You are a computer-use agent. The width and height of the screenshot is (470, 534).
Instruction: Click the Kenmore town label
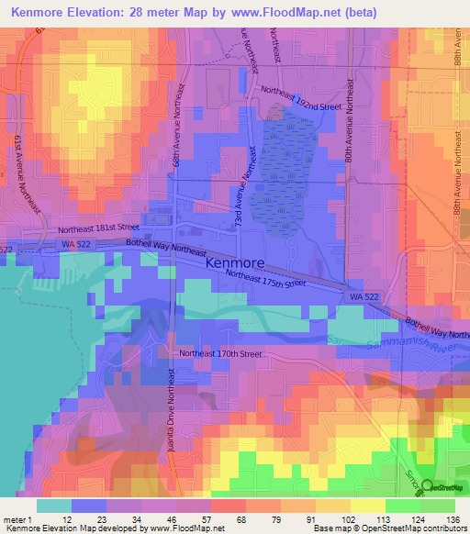(235, 262)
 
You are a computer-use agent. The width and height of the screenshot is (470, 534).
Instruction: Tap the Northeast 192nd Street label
(300, 98)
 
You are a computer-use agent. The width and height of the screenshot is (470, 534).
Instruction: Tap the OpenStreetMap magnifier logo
(426, 487)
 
